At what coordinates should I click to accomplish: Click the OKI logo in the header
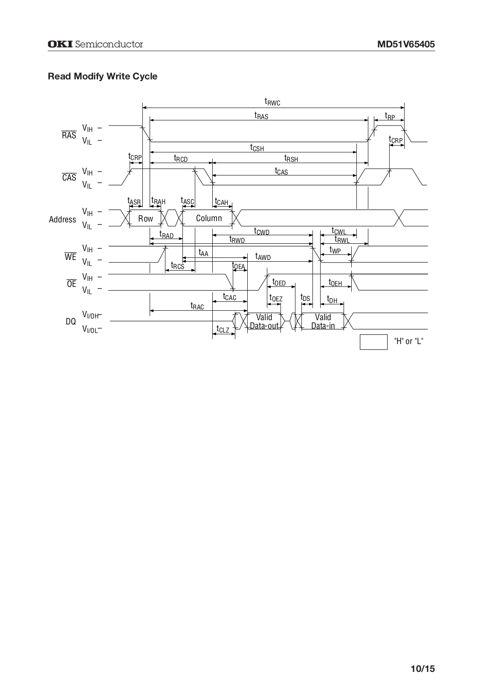point(60,44)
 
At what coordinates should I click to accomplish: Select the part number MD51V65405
point(406,44)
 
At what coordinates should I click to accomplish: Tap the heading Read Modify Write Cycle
point(102,76)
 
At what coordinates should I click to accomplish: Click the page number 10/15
point(423,668)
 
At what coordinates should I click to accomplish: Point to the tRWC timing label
point(272,102)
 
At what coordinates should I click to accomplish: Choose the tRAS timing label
point(261,115)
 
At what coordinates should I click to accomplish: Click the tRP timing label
point(390,116)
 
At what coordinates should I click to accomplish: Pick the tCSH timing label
point(257,148)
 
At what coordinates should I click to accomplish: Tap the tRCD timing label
point(181,158)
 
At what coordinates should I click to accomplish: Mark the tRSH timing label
point(291,158)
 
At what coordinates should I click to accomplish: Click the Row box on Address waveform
point(145,219)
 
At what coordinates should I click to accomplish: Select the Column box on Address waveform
point(208,219)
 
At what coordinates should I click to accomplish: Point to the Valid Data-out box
point(264,321)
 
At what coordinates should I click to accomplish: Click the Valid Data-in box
point(323,321)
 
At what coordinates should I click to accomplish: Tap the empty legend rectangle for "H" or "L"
point(373,342)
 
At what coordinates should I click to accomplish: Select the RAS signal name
point(69,136)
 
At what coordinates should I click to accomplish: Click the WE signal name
point(70,257)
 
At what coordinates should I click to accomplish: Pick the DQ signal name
point(71,321)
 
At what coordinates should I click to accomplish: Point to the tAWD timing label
point(263,257)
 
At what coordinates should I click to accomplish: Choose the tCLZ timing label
point(223,330)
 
